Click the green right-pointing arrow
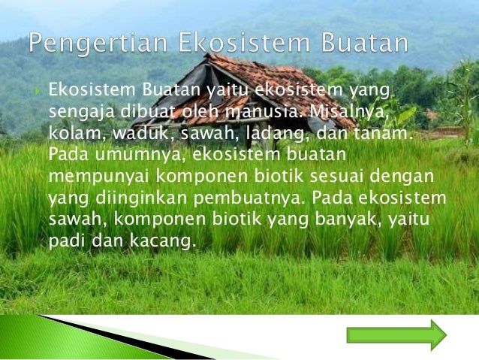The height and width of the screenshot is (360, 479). pyautogui.click(x=396, y=334)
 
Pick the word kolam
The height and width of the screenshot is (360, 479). pyautogui.click(x=69, y=135)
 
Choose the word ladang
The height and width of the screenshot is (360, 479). pyautogui.click(x=275, y=135)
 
